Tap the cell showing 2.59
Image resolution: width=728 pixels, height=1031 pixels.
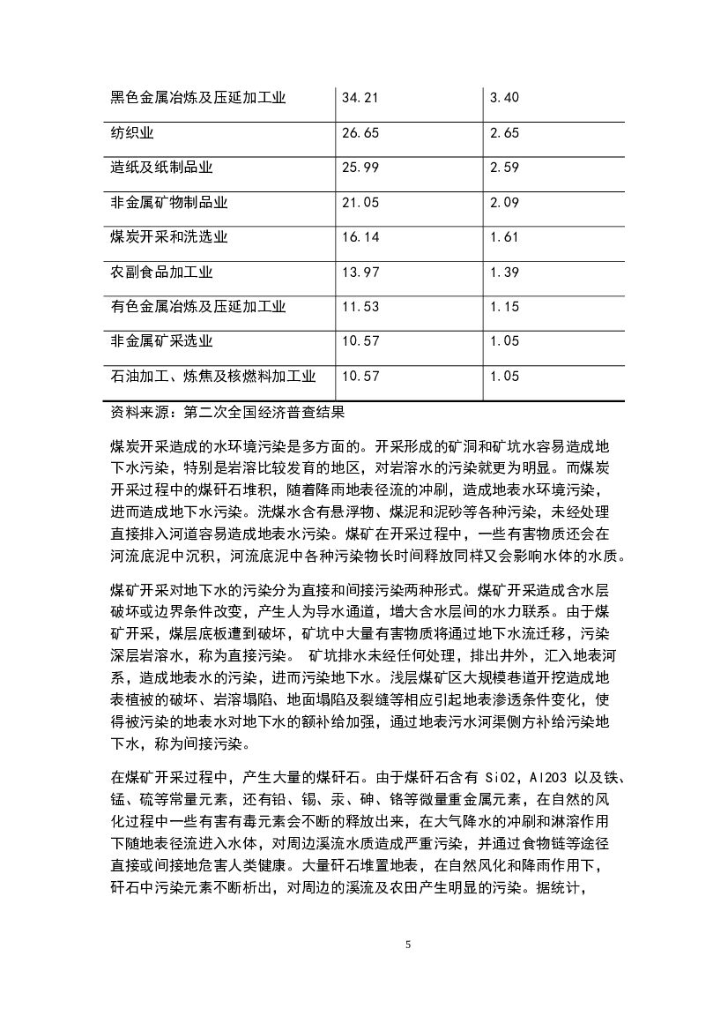(504, 168)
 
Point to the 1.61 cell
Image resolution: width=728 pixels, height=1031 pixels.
(504, 237)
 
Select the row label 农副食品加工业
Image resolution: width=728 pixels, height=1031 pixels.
(161, 273)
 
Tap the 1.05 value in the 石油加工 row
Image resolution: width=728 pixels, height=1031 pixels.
(504, 376)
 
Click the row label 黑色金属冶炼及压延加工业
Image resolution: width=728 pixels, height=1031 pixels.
(198, 97)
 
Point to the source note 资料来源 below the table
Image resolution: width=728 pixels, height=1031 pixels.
(224, 411)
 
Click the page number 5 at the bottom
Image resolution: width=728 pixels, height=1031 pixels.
(407, 945)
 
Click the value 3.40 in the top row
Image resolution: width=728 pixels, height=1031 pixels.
(504, 97)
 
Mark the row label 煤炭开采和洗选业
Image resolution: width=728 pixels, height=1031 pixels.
(169, 237)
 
